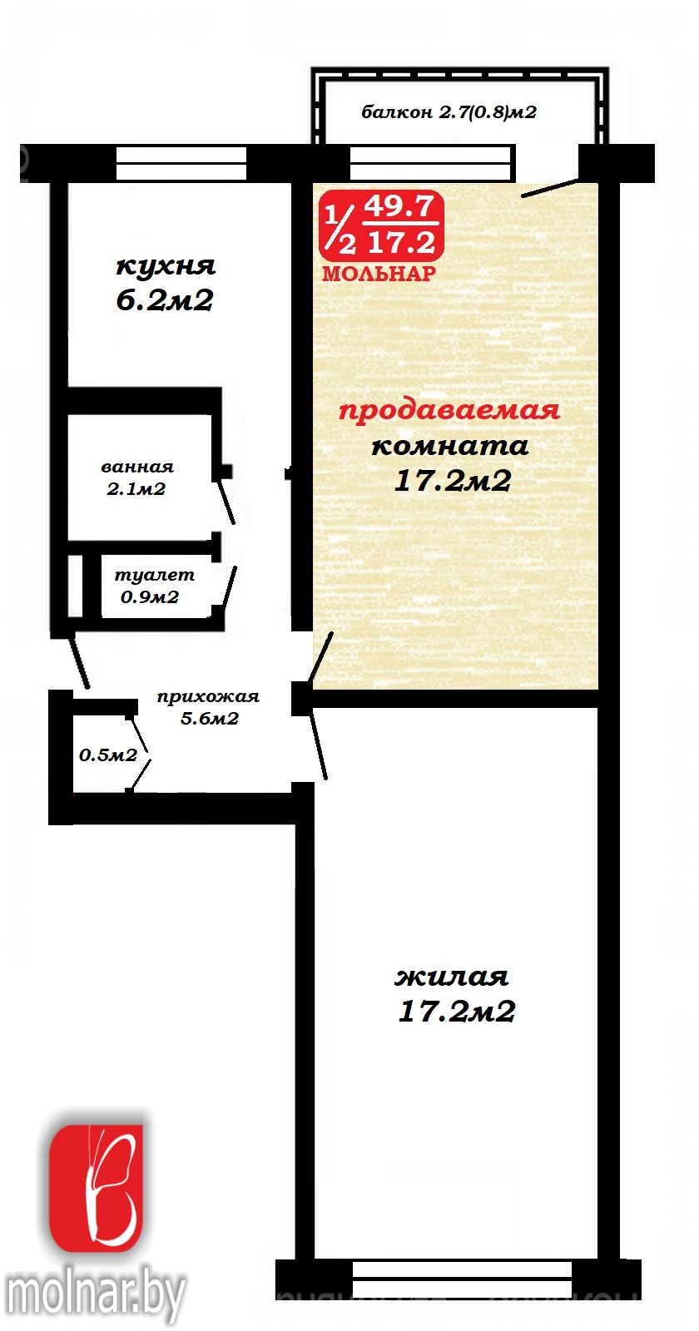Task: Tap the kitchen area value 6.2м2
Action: [165, 300]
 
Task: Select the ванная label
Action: [137, 467]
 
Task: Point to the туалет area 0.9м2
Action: [150, 597]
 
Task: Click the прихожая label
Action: [208, 697]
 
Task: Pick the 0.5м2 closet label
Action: [108, 755]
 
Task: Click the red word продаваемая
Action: [449, 411]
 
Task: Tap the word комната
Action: [450, 446]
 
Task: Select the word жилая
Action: [452, 977]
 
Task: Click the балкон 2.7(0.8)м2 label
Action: [449, 112]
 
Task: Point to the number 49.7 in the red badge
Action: [399, 207]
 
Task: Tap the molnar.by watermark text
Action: [93, 1294]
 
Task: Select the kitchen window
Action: [181, 163]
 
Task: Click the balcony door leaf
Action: [550, 188]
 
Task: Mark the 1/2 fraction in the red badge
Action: [340, 229]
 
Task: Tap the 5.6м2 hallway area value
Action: [210, 719]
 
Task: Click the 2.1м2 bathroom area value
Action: [136, 490]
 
